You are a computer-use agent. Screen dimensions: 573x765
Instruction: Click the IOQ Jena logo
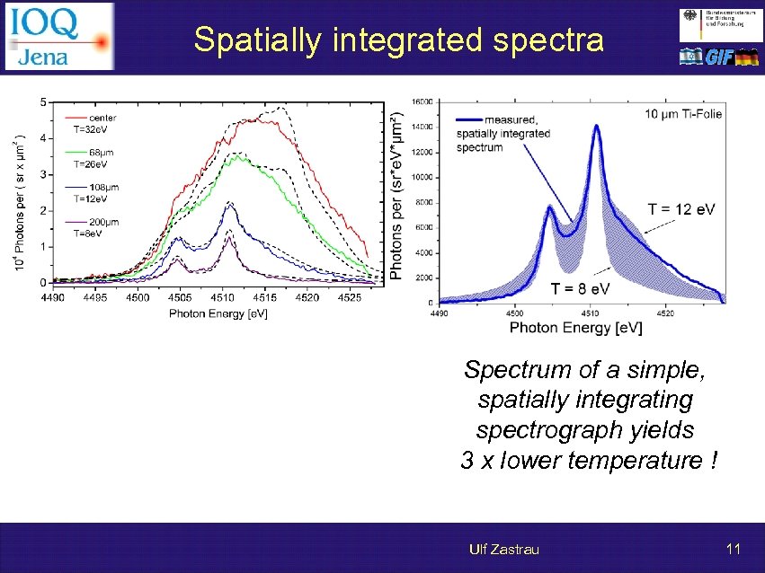point(58,36)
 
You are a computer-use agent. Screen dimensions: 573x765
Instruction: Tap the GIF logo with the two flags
point(719,57)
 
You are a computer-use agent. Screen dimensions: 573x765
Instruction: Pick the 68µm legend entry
point(101,153)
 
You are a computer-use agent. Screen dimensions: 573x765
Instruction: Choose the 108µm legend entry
point(103,187)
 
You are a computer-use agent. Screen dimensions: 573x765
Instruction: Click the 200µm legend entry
point(103,221)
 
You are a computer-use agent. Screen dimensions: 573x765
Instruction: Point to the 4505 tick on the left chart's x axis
point(180,296)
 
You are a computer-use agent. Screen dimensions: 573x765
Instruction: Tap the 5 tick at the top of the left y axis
point(42,103)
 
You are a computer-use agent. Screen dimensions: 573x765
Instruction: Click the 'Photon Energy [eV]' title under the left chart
point(218,313)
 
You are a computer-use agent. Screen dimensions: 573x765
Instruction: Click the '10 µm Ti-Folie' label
point(683,114)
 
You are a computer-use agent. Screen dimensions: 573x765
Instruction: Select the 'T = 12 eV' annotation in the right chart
point(681,209)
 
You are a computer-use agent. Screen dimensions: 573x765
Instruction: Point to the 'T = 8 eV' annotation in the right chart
point(580,287)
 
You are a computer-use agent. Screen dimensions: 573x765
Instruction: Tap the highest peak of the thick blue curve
point(595,127)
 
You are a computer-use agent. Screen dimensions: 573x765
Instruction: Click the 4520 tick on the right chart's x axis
point(665,313)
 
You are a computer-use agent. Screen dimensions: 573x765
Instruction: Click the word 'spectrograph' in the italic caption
point(585,430)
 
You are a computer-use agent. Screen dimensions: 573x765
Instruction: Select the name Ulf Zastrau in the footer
point(503,549)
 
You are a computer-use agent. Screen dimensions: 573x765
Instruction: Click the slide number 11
point(733,548)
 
